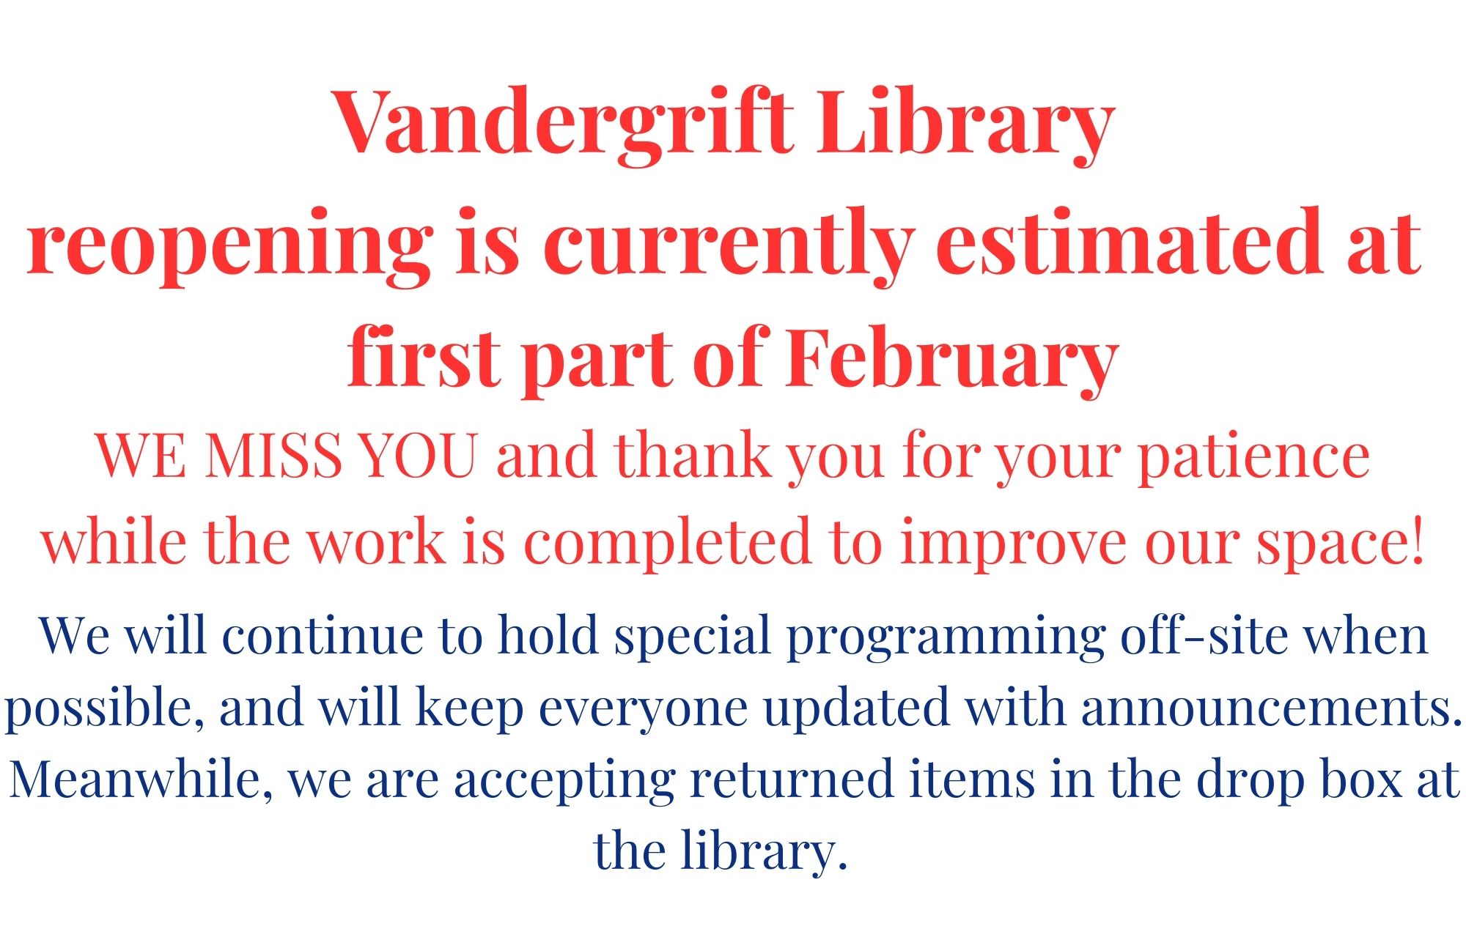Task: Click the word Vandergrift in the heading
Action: click(x=564, y=122)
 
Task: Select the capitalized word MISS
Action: click(x=273, y=455)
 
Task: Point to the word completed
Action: click(x=667, y=544)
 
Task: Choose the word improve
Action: click(x=1014, y=544)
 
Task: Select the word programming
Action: click(x=945, y=637)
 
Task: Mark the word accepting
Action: click(x=564, y=783)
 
